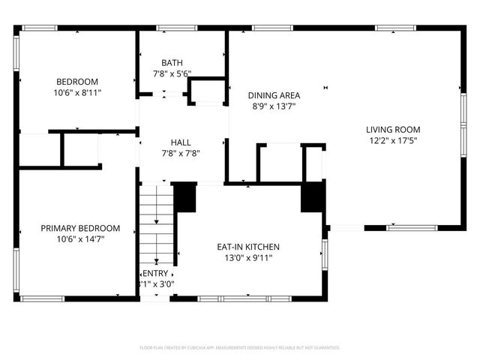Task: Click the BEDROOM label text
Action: point(77,82)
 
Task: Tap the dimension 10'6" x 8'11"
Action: point(77,93)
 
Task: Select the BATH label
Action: point(172,63)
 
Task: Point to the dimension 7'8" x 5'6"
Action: point(172,74)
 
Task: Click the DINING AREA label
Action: point(274,95)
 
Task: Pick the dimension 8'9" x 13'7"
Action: point(274,106)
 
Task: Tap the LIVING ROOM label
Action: point(393,129)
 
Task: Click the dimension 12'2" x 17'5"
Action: point(393,140)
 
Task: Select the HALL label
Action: point(181,142)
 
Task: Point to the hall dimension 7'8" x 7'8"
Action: point(181,153)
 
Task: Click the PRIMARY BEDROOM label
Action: point(80,229)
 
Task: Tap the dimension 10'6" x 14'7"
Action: point(80,240)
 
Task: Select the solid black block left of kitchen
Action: point(184,199)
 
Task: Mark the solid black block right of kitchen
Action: point(312,198)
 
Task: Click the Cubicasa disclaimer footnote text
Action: point(240,348)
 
